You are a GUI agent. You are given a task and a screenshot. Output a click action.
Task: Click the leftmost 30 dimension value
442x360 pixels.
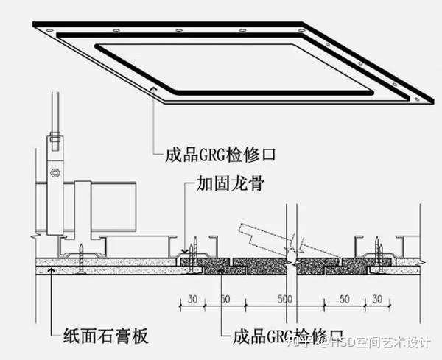192,300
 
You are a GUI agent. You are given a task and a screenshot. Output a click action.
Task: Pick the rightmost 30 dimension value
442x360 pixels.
376,300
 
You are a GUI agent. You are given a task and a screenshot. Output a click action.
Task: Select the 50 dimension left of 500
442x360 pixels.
225,300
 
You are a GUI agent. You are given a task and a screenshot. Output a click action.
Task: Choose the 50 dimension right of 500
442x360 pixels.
343,300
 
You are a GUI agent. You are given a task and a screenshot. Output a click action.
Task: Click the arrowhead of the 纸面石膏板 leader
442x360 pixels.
50,271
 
